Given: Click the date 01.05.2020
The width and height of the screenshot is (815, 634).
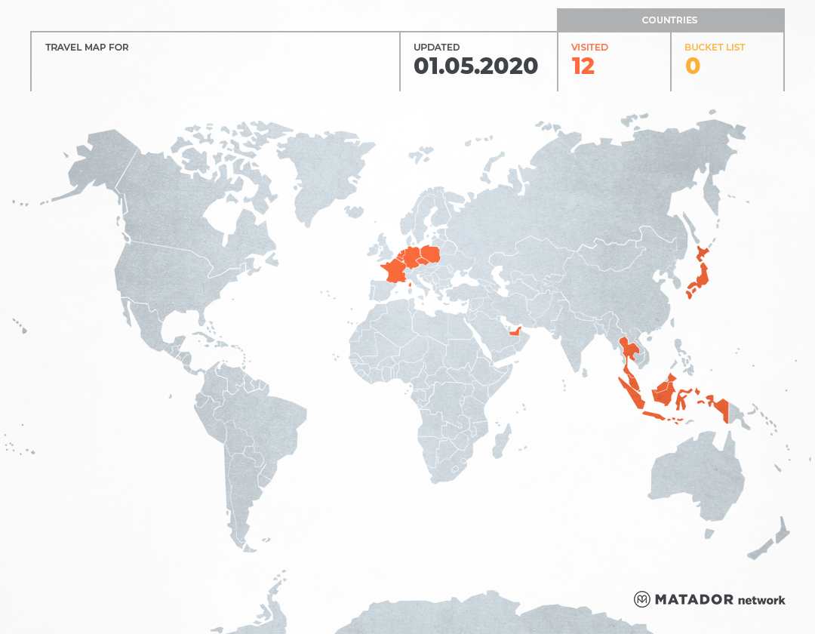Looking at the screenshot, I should coord(475,66).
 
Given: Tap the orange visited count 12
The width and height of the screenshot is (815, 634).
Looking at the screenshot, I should coord(583,66).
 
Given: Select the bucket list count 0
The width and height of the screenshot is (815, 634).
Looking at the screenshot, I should coord(692,66).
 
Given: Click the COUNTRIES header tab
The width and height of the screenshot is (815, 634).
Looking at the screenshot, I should coord(669,20).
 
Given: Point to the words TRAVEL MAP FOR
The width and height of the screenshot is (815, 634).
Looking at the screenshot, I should coord(87,47).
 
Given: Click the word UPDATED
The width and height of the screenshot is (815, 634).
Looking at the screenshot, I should coord(436,47).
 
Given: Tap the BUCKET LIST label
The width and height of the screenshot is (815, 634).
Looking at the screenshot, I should coord(714,47).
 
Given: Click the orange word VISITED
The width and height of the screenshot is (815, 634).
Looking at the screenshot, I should coord(589,47).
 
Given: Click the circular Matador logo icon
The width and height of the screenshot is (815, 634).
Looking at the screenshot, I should coord(641,599).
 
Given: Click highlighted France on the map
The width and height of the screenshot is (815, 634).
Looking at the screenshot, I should coord(394,270).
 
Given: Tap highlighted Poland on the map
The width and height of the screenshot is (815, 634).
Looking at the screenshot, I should coord(431,255).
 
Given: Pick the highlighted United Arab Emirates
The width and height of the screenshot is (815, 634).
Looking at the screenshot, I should coord(515,331).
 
